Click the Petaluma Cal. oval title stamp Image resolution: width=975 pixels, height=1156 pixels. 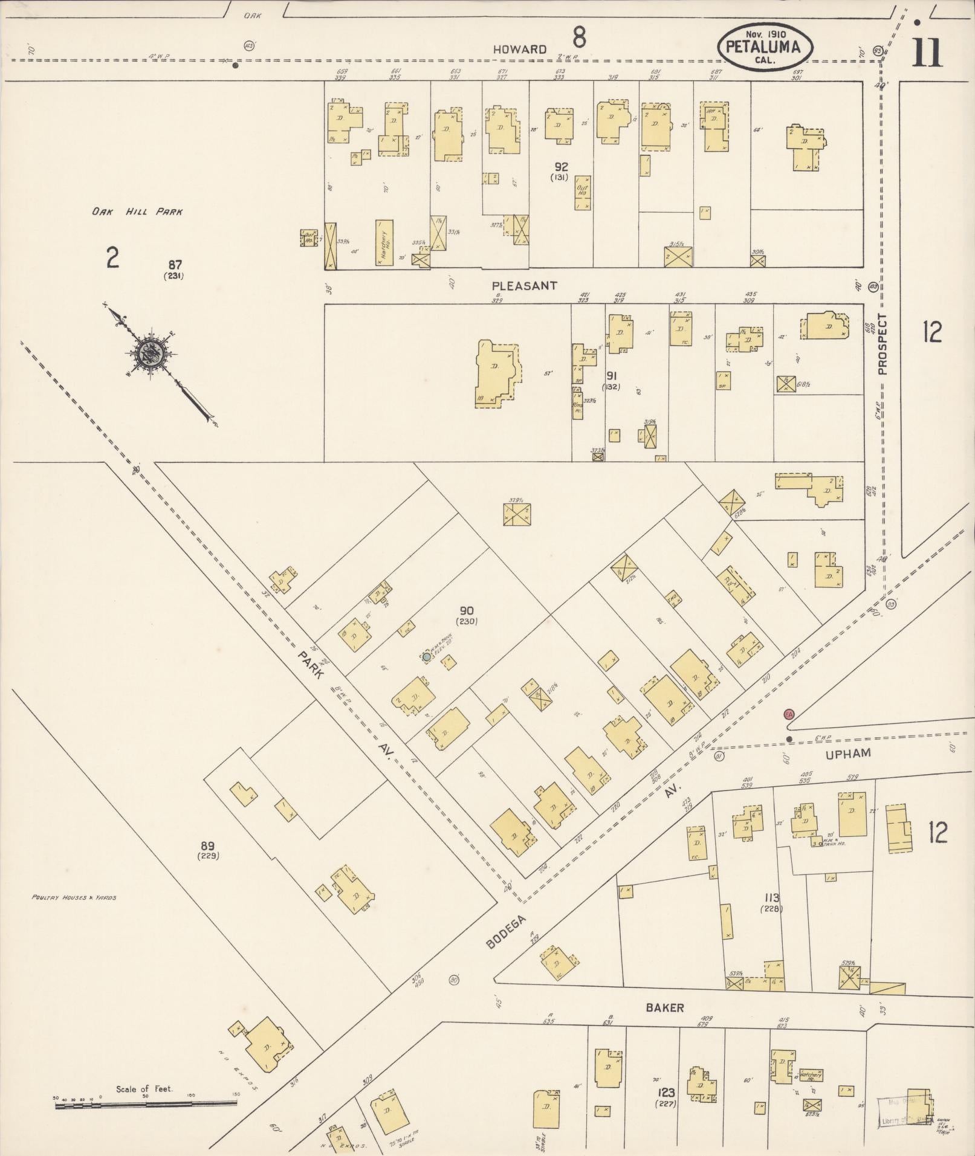[x=765, y=46]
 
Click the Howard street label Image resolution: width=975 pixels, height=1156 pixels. [x=519, y=50]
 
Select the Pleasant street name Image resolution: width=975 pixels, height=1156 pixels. [x=524, y=285]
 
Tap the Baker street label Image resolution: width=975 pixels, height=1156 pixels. [x=664, y=1007]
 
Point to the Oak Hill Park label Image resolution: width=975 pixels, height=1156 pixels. [x=137, y=212]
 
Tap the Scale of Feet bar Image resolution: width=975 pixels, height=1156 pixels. [x=145, y=1103]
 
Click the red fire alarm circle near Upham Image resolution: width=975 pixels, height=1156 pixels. [x=789, y=714]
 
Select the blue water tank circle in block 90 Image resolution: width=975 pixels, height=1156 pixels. [x=427, y=656]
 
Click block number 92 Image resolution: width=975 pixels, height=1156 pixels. [x=562, y=166]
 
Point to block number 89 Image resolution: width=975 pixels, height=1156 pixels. [x=208, y=846]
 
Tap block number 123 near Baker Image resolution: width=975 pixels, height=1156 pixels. [x=667, y=1093]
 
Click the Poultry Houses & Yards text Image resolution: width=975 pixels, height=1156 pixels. [x=74, y=897]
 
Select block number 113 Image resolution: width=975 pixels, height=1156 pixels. [x=771, y=897]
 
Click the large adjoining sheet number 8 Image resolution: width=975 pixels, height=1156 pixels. [x=578, y=38]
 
